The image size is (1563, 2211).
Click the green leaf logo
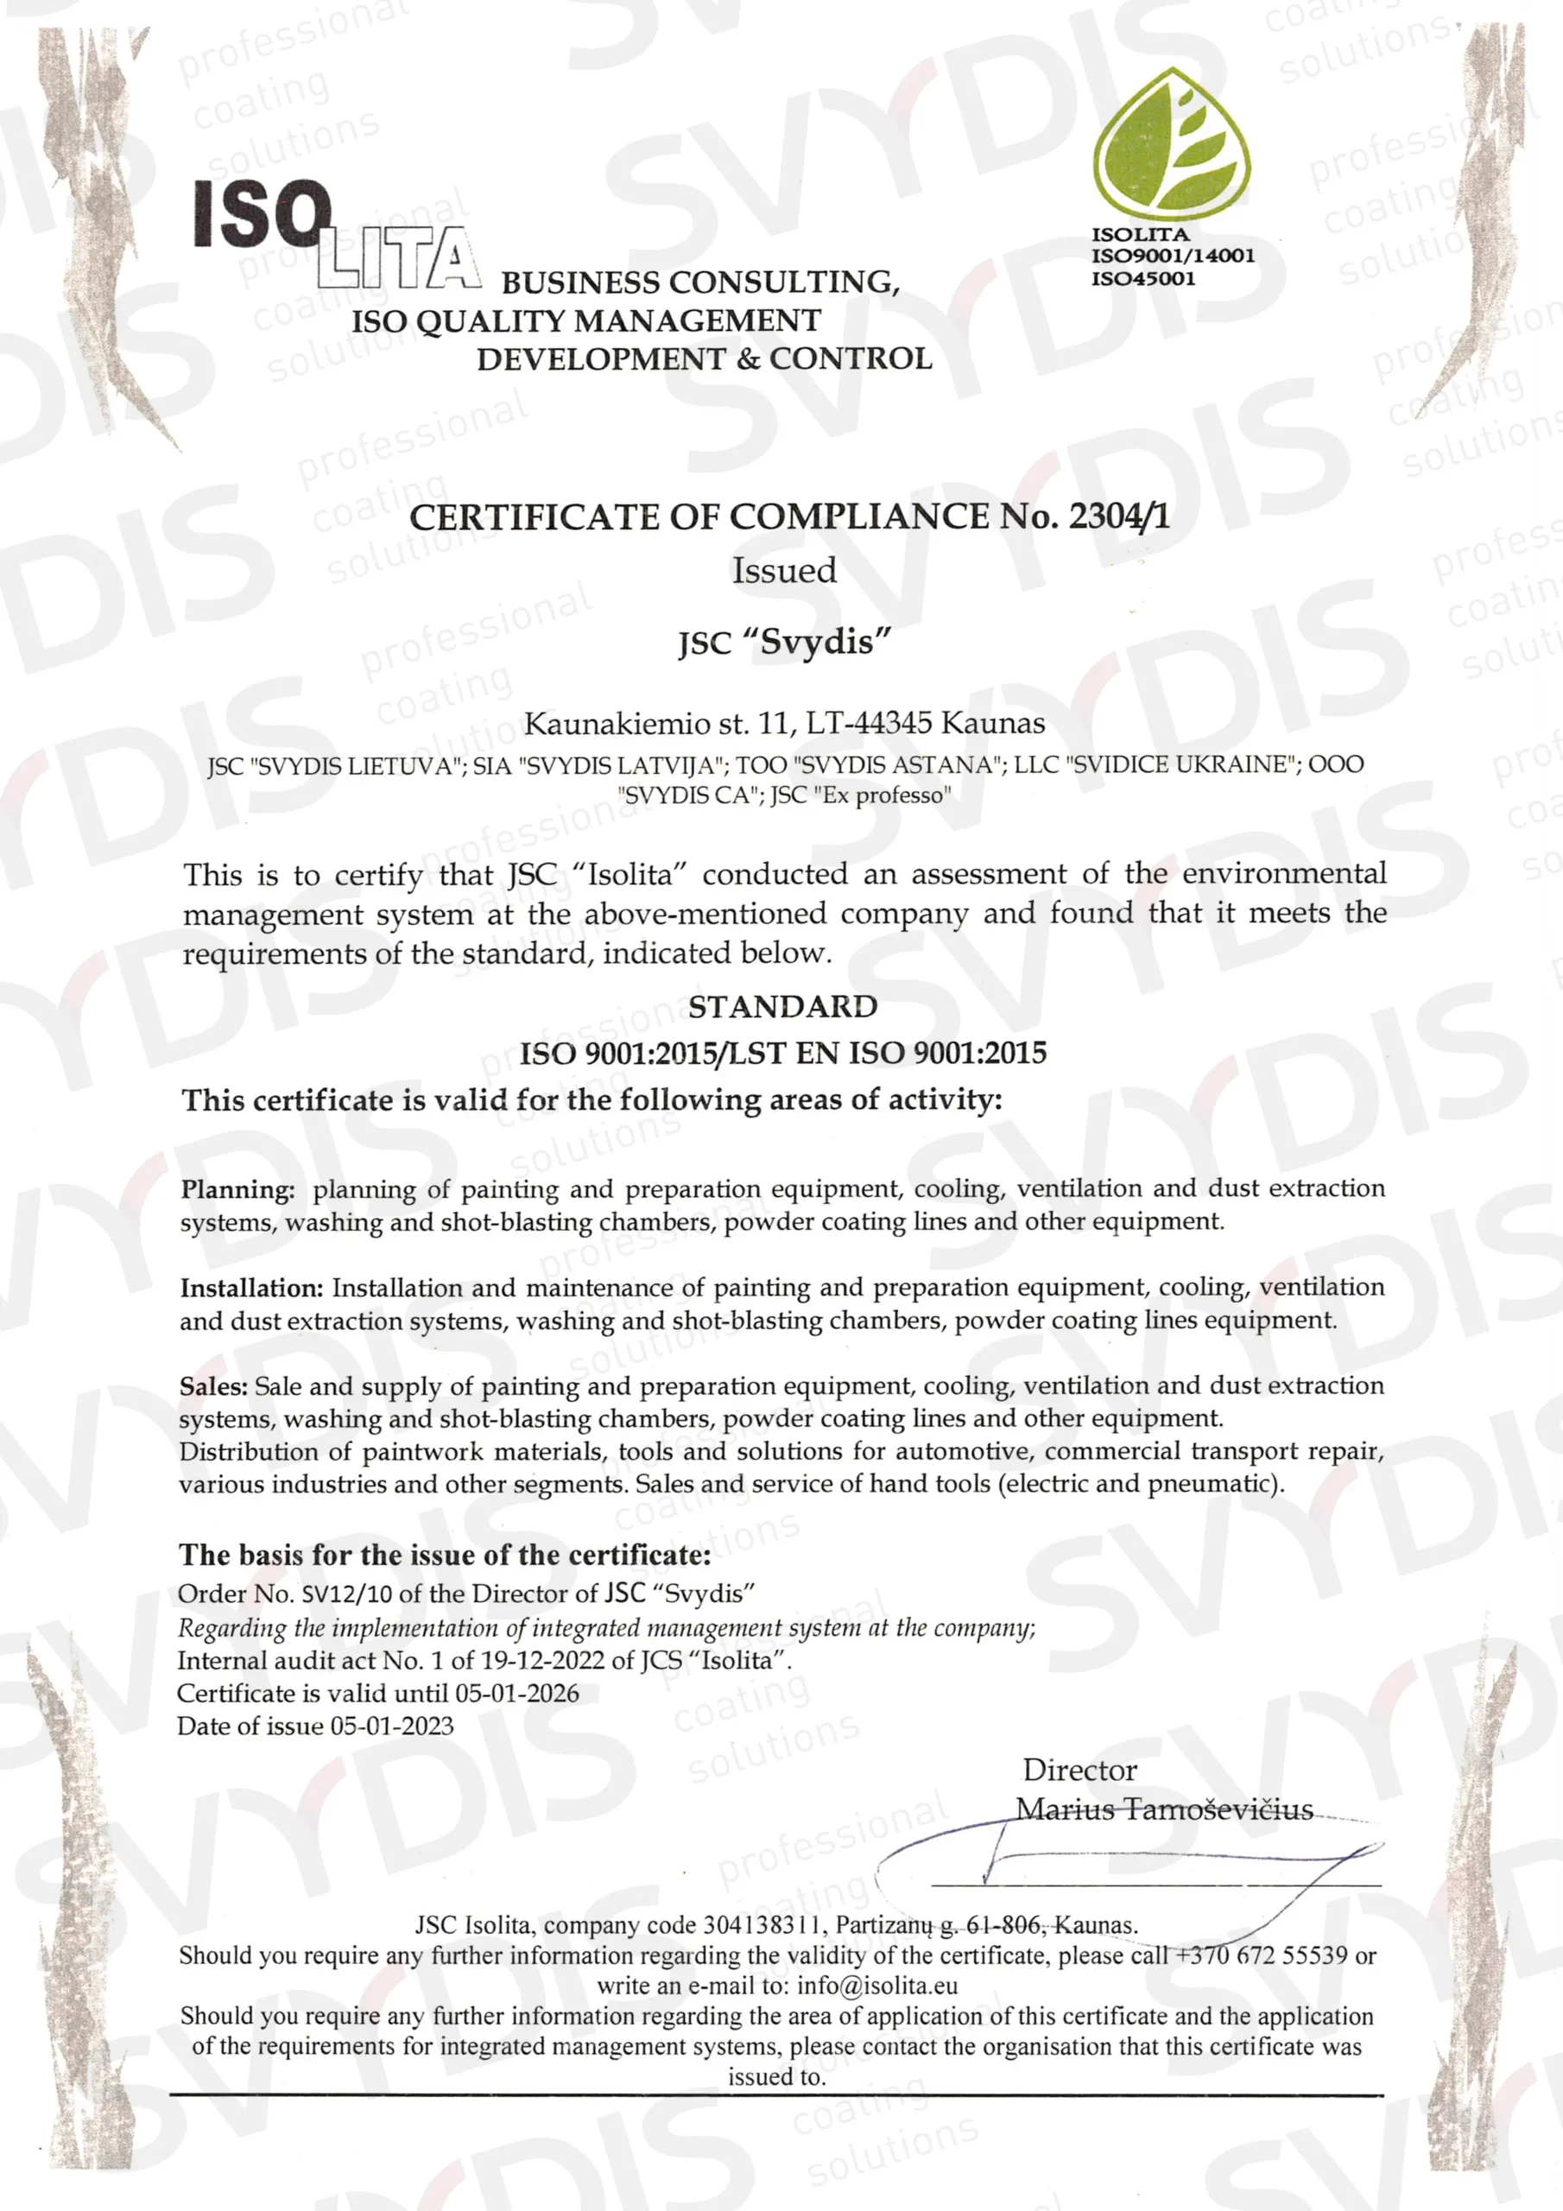[1172, 143]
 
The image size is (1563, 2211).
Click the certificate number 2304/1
[1120, 517]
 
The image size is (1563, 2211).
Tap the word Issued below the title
[784, 570]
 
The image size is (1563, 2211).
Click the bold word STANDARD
[782, 1006]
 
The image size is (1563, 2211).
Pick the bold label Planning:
[237, 1189]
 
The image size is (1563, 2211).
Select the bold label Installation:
[251, 1288]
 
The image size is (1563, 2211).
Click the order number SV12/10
[346, 1594]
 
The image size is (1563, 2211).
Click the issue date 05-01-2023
[391, 1726]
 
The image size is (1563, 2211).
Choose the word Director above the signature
[1079, 1770]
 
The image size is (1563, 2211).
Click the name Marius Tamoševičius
[1164, 1809]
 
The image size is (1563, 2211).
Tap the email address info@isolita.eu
[876, 1986]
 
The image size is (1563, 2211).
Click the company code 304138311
[762, 1925]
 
